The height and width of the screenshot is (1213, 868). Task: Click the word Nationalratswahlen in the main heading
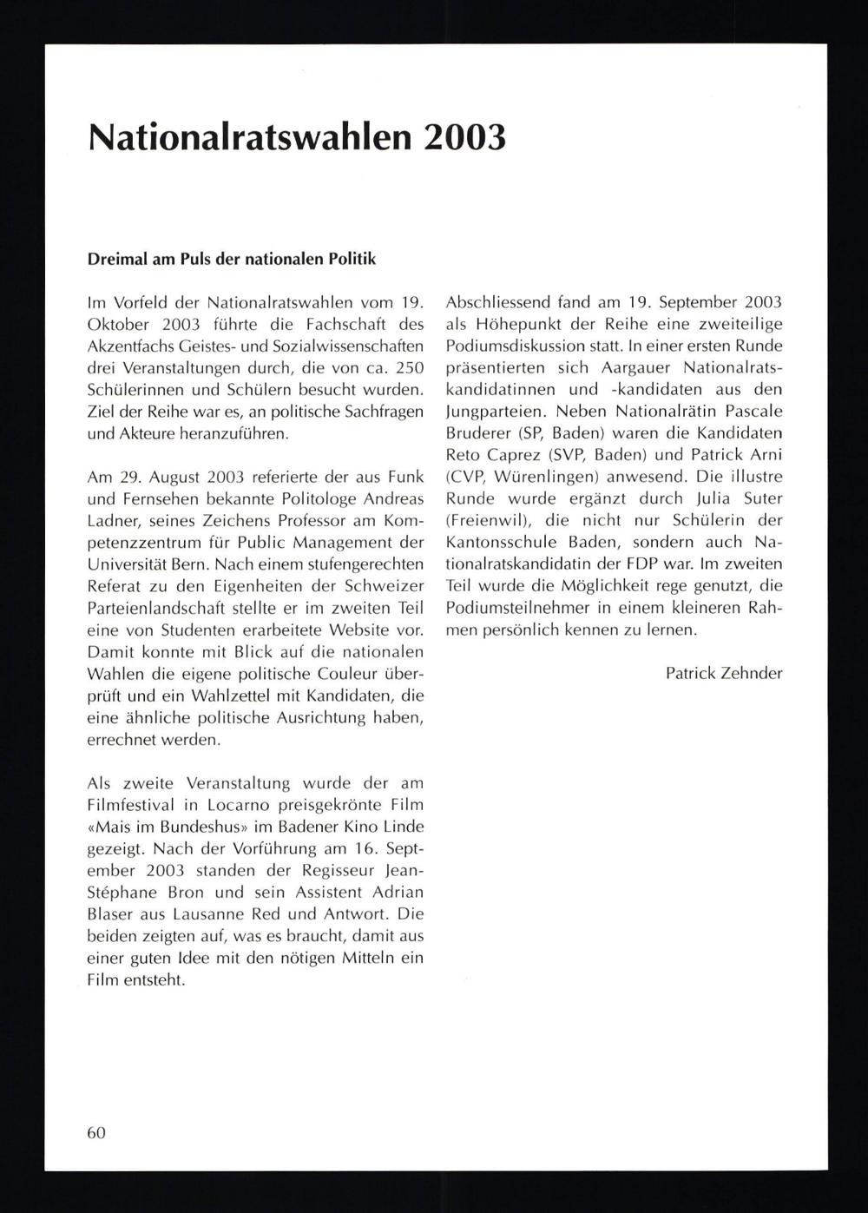click(x=247, y=136)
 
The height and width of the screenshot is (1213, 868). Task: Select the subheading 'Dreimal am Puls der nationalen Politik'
click(x=232, y=259)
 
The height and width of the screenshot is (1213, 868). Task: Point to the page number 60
click(x=96, y=1132)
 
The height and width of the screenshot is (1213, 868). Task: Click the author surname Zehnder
click(x=751, y=673)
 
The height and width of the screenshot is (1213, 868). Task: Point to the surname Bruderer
click(x=479, y=432)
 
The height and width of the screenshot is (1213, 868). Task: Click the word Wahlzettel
click(x=266, y=695)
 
